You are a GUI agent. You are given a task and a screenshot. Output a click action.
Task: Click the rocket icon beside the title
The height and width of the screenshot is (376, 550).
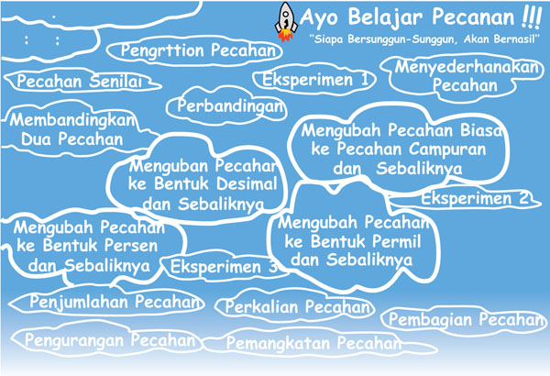[x=286, y=22]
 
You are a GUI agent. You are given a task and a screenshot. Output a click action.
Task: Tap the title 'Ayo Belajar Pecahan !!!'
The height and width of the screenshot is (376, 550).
[x=420, y=17]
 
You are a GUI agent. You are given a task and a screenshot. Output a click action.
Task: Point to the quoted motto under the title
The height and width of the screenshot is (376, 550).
[x=423, y=39]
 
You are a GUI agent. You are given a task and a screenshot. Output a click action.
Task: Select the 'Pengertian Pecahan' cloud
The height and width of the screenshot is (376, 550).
[x=194, y=51]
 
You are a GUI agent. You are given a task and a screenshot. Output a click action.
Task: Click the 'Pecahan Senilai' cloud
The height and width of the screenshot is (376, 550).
[x=82, y=81]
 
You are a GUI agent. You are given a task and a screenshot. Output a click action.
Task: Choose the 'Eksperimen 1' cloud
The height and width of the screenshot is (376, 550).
[x=314, y=80]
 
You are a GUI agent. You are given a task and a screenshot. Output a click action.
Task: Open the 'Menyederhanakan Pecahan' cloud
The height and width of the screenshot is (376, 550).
[x=463, y=76]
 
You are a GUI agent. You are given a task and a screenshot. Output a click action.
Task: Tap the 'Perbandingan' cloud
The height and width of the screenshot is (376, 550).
[x=226, y=105]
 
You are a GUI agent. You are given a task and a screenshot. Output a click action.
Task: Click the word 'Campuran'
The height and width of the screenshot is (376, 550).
[x=447, y=149]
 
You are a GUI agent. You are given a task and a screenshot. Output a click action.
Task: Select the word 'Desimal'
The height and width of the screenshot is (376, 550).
[x=247, y=184]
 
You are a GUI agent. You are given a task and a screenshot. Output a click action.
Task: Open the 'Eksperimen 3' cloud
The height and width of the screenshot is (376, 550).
[x=225, y=266]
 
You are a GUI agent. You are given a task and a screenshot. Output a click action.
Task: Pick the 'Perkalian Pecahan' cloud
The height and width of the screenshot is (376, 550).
[x=294, y=306]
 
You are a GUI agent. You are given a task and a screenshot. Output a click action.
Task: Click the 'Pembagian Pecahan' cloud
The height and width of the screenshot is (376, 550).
[x=464, y=320]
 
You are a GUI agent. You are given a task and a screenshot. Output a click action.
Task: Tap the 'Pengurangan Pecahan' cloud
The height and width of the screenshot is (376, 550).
[x=107, y=340]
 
